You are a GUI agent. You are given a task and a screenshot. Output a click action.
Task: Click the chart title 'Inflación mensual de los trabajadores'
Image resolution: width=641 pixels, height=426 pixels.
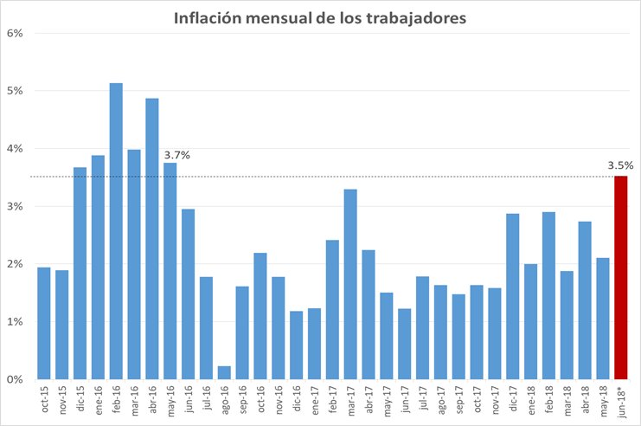click(320, 18)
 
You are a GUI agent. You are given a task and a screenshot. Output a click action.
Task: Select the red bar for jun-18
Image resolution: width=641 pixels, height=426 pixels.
click(621, 277)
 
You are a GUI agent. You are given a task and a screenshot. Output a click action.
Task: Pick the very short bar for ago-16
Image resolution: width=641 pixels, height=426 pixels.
click(224, 373)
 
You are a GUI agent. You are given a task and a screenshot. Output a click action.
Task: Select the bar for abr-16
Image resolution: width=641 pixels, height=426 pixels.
click(152, 239)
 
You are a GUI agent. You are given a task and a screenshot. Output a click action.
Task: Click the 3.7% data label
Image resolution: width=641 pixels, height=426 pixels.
click(176, 155)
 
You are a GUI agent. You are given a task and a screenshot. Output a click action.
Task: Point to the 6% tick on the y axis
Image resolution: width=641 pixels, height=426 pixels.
click(15, 33)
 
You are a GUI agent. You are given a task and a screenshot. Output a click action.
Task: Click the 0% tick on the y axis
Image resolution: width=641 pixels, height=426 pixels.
click(15, 379)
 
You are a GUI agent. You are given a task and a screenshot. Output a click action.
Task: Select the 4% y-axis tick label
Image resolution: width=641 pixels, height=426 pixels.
click(15, 148)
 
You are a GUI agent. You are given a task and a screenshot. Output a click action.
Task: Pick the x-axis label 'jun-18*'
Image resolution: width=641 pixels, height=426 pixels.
click(621, 403)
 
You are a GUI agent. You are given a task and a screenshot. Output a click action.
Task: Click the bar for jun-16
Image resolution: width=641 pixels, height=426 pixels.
click(189, 294)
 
